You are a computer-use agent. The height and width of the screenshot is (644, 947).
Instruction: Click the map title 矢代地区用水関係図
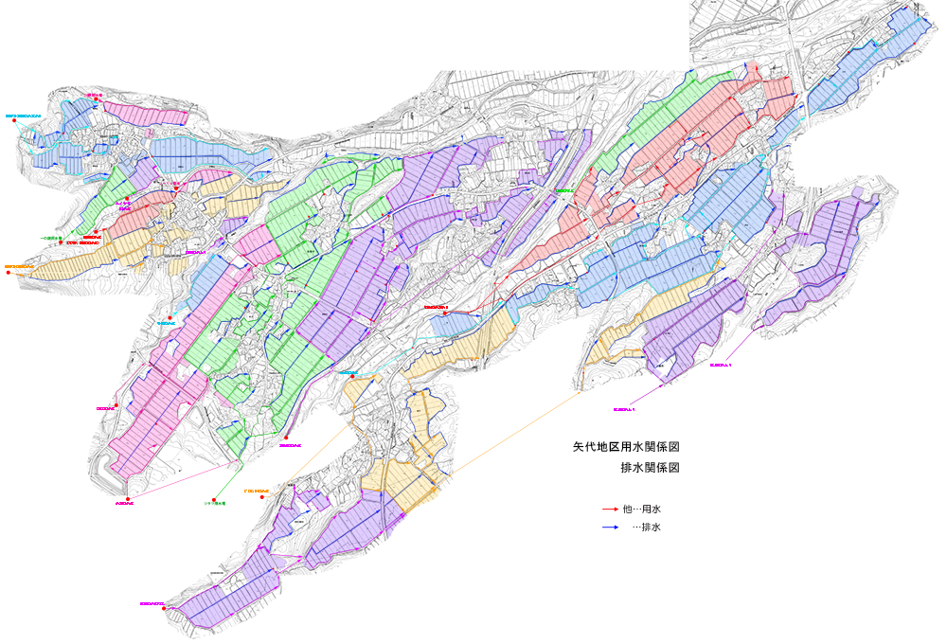point(627,446)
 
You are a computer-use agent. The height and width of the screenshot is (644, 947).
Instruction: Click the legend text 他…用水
point(642,510)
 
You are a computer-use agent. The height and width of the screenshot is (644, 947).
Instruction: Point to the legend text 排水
point(651,528)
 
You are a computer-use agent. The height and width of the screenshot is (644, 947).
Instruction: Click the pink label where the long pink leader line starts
point(124,504)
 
